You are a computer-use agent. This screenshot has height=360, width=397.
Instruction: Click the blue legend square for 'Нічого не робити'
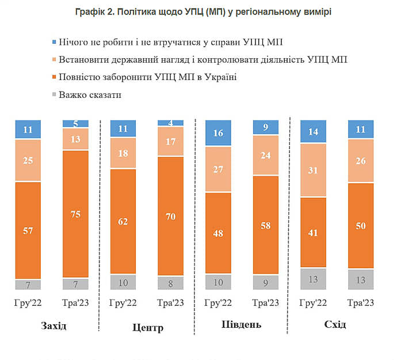(x=54, y=42)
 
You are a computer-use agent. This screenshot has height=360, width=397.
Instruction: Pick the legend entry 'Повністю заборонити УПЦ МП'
(x=147, y=77)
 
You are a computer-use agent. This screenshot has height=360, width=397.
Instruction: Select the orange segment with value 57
(x=27, y=230)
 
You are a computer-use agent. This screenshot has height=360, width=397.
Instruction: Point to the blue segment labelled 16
(x=218, y=132)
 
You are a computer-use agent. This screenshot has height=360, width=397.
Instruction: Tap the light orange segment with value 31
(x=314, y=170)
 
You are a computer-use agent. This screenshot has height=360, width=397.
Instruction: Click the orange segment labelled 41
(x=314, y=233)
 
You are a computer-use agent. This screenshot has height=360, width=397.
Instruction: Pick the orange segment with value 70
(x=170, y=217)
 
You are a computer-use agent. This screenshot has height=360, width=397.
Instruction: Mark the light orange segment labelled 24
(x=265, y=155)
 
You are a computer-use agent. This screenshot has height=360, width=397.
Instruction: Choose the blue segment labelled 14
(x=314, y=131)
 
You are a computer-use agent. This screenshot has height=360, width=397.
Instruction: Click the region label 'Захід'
(x=54, y=326)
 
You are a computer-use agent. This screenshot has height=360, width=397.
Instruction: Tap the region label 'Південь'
(x=241, y=324)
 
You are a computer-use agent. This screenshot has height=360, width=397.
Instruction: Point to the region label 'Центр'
(x=147, y=328)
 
